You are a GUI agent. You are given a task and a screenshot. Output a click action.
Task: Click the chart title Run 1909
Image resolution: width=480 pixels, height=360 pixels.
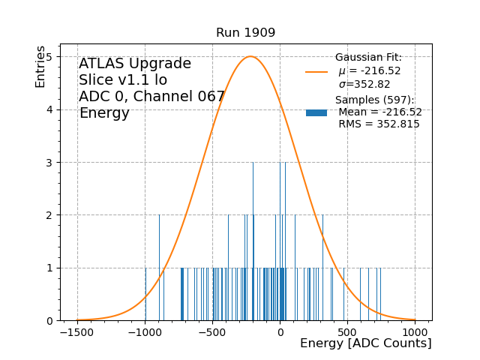(245, 33)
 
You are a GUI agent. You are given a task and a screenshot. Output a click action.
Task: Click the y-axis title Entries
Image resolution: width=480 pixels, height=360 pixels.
(40, 67)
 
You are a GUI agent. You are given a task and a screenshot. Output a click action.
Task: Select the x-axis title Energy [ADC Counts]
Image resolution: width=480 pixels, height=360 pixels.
(365, 343)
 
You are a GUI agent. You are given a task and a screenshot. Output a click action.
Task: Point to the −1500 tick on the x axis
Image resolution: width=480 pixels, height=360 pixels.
(77, 331)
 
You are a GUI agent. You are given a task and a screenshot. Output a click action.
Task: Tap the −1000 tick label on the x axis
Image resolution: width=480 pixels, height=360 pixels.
(145, 331)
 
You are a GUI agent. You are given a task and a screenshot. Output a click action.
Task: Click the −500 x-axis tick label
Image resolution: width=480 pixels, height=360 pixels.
(212, 331)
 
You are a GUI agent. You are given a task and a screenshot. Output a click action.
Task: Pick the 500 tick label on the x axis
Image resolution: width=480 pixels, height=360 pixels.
(348, 331)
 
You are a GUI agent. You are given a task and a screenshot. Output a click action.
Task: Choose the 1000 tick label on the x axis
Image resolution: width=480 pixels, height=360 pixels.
(415, 331)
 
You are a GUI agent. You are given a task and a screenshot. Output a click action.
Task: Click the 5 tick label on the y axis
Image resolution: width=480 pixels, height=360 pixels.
(49, 57)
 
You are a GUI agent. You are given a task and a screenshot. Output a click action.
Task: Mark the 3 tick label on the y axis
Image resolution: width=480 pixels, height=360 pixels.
(49, 163)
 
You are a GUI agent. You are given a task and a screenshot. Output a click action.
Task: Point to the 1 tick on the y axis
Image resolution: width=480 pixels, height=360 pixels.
(49, 268)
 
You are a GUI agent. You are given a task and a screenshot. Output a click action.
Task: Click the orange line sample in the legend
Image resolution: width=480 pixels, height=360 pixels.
(316, 72)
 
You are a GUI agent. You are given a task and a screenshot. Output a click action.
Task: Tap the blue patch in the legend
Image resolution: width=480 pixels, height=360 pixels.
(316, 112)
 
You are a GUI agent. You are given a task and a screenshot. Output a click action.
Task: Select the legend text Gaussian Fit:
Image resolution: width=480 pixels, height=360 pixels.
(368, 58)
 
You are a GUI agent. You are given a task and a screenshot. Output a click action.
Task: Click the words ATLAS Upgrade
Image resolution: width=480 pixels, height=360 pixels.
(135, 64)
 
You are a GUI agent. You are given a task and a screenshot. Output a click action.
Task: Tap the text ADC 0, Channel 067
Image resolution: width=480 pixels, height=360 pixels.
(151, 97)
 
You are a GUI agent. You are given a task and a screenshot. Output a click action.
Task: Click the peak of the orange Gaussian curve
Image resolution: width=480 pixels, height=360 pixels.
(250, 56)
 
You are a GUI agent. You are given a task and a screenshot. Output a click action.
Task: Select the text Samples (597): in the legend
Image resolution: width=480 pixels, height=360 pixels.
(374, 100)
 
